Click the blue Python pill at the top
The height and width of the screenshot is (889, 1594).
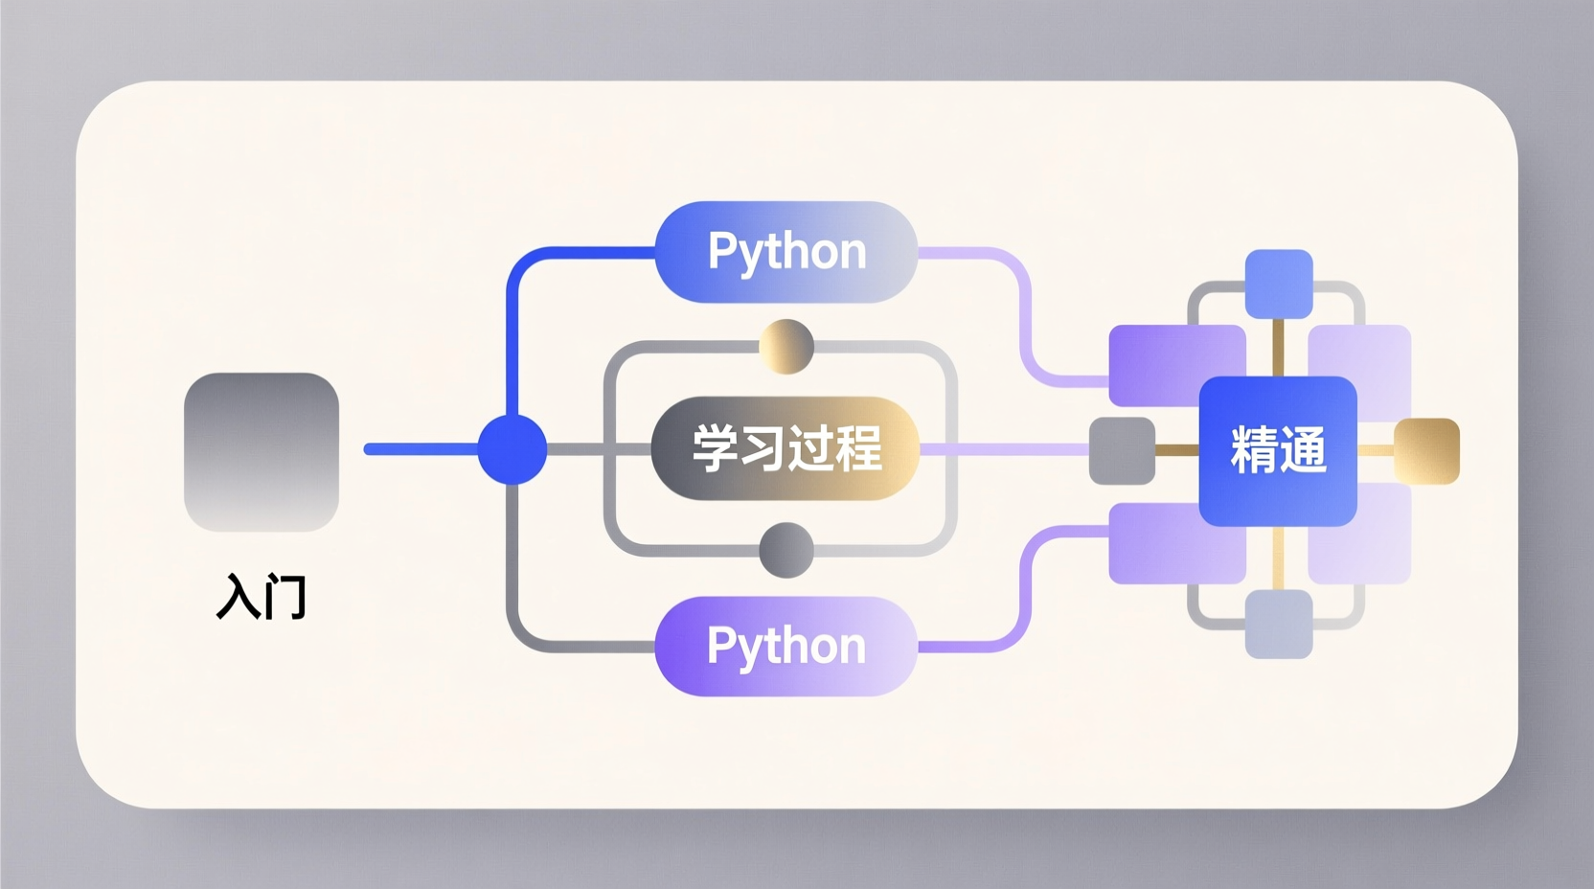click(786, 252)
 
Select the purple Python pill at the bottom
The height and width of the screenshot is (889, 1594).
click(786, 646)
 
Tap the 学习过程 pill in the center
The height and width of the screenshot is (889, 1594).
click(786, 448)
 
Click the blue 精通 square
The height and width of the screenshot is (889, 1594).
click(1278, 450)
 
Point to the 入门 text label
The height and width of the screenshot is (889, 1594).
click(262, 597)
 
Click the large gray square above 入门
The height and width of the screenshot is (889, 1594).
click(262, 452)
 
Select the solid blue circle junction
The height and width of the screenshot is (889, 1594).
click(512, 449)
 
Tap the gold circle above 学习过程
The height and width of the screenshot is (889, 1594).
click(786, 347)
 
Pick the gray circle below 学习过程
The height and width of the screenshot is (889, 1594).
click(786, 550)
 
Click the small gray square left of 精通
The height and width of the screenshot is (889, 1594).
click(1122, 450)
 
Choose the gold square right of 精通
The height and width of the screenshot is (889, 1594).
click(1426, 450)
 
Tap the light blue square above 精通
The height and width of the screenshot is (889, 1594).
click(1279, 284)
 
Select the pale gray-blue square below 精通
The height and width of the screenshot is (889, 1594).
click(1279, 624)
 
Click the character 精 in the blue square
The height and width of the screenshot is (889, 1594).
click(1254, 450)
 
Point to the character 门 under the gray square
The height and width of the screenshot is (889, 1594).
click(285, 597)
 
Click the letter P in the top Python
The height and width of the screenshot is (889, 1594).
click(722, 252)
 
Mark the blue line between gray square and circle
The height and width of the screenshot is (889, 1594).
click(421, 449)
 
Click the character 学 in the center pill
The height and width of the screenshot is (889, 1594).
click(717, 448)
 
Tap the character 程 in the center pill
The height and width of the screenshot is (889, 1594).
click(857, 448)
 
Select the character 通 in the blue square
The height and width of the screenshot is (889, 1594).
click(1303, 450)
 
